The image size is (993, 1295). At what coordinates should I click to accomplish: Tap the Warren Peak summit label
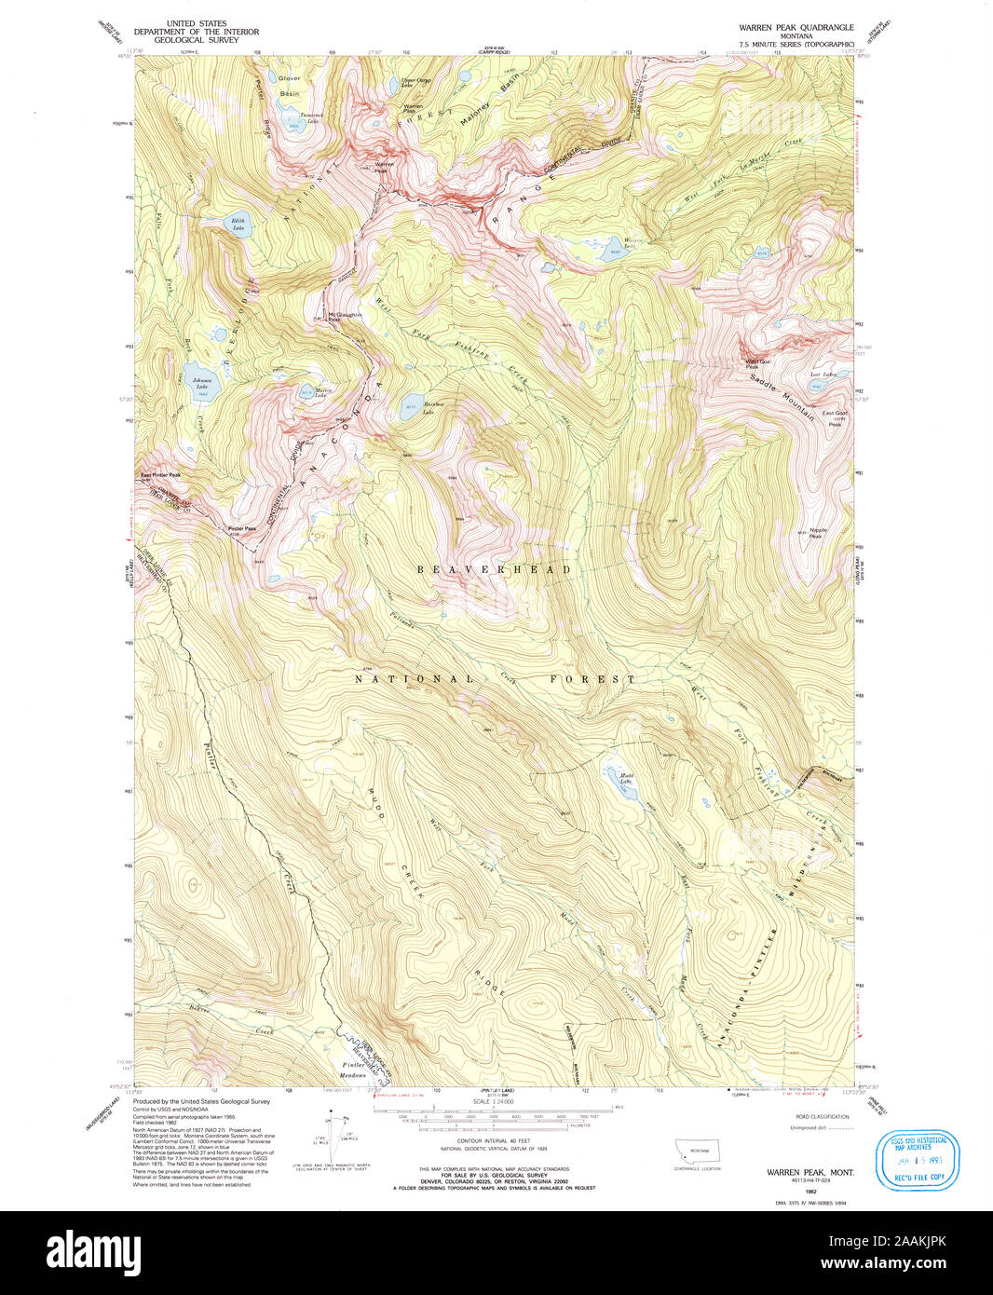[383, 167]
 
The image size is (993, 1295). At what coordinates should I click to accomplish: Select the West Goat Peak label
[756, 363]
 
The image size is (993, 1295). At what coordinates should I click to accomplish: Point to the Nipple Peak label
[816, 533]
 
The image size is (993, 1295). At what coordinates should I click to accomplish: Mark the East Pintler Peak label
[160, 475]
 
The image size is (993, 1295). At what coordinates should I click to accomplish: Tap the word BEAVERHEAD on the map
[494, 569]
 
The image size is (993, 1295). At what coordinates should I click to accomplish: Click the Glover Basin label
[289, 86]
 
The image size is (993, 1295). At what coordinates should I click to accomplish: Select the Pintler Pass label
[241, 528]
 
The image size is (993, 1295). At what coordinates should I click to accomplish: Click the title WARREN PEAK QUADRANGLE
[796, 28]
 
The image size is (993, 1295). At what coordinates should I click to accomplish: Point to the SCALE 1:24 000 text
[494, 1102]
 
